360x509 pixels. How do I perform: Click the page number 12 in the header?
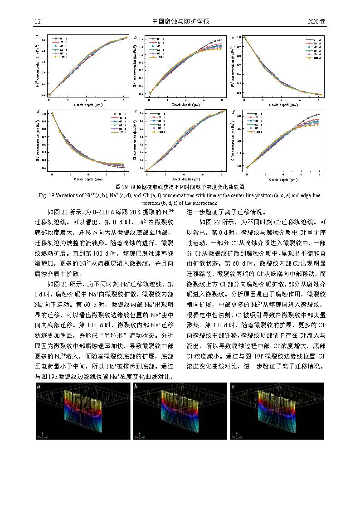tap(38, 21)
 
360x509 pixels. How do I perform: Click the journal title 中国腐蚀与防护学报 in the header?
tap(180, 21)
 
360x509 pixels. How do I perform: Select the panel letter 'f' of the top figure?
tap(233, 111)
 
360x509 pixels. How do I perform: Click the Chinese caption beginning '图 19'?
tap(180, 187)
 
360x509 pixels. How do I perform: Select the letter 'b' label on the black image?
tap(136, 387)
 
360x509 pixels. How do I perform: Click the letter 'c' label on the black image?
tap(233, 387)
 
